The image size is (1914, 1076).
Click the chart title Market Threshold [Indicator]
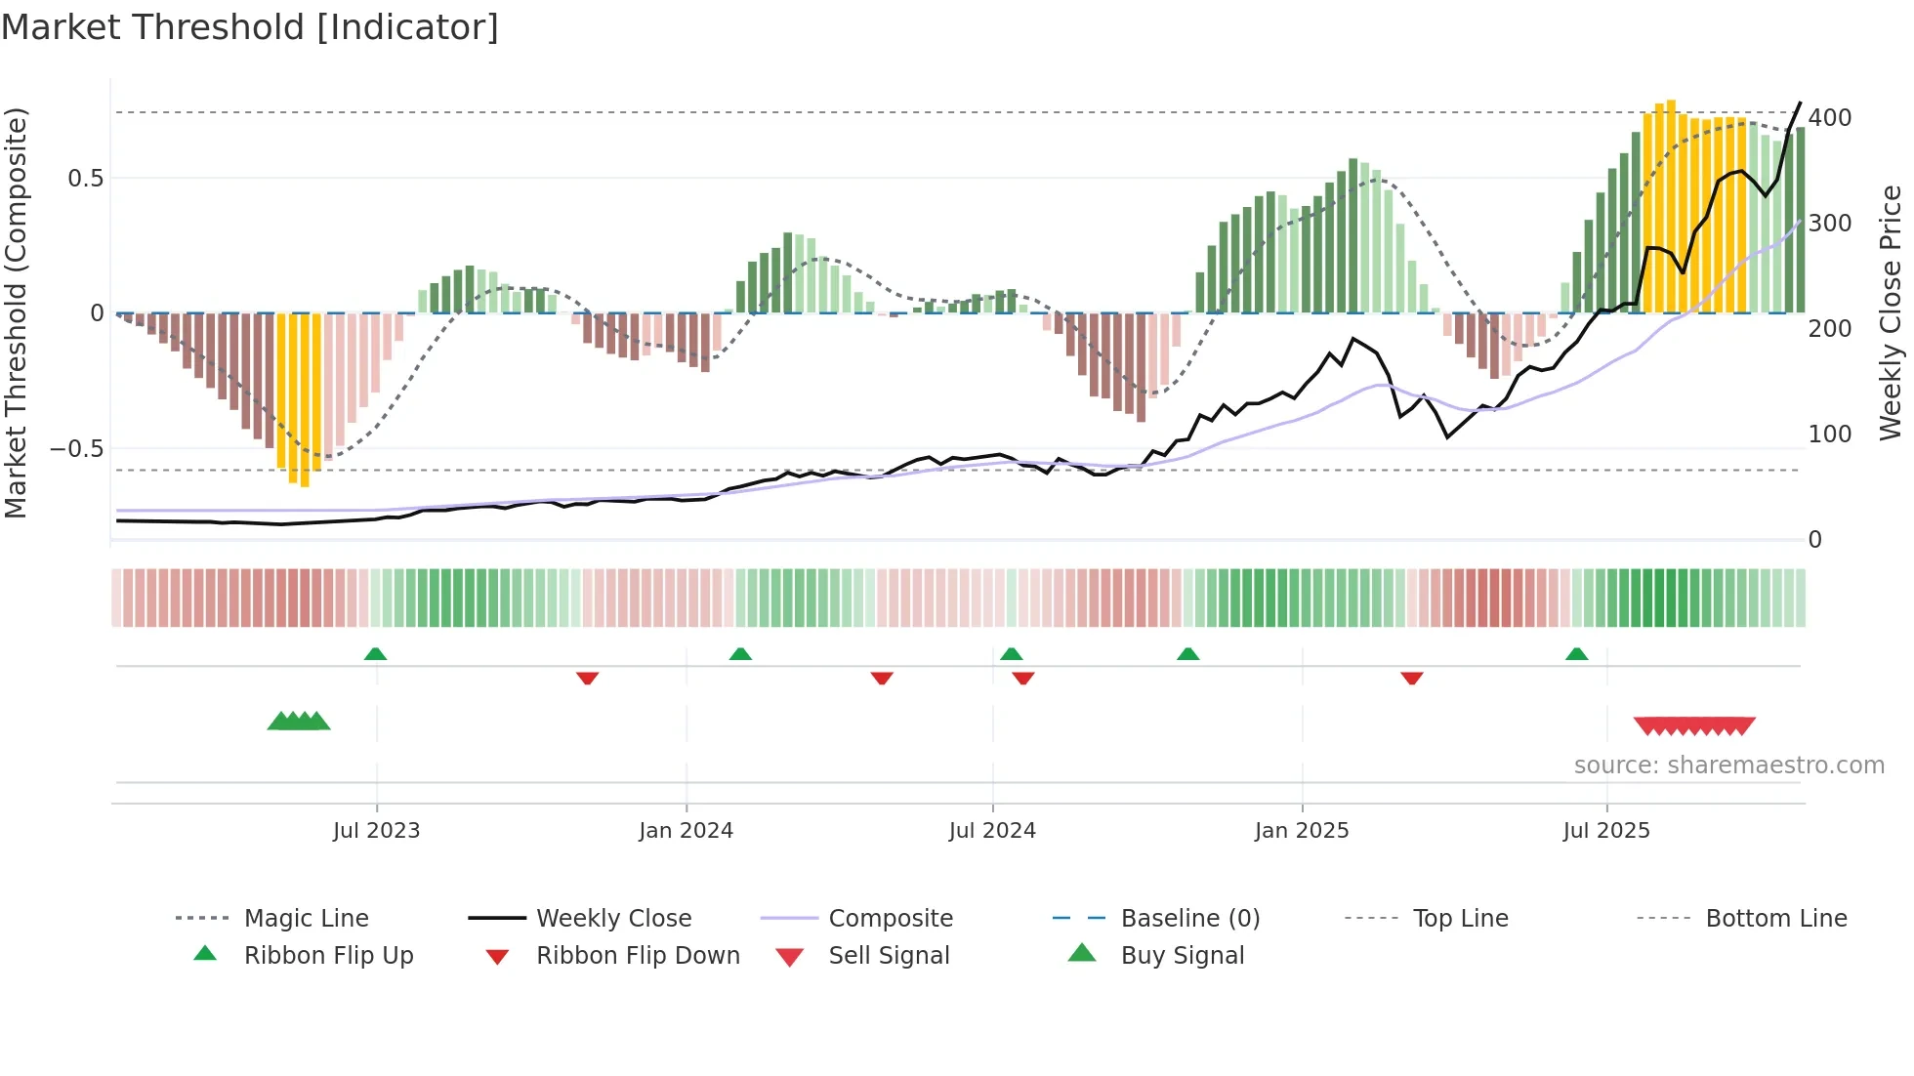(250, 27)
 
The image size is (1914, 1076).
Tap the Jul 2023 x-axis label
(376, 831)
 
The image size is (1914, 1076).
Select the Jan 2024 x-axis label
(686, 831)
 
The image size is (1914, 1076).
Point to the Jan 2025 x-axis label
(1302, 831)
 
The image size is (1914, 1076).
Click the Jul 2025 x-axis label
(1606, 831)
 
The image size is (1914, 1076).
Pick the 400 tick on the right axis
(1830, 118)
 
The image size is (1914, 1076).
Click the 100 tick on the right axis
(1830, 435)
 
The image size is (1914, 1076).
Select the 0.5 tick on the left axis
(85, 179)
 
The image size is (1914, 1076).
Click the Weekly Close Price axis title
(1891, 312)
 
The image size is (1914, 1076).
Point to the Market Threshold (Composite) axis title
(16, 312)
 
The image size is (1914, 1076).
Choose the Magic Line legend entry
(306, 919)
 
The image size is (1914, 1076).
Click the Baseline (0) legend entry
(1189, 919)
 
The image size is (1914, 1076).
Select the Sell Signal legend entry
(888, 956)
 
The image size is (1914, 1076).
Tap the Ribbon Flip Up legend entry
(328, 956)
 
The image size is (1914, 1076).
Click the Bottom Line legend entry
(1775, 919)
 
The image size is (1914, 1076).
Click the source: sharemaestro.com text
(1728, 766)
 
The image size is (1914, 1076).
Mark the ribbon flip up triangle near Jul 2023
(375, 654)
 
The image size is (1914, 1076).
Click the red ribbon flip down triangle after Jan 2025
(1411, 678)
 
